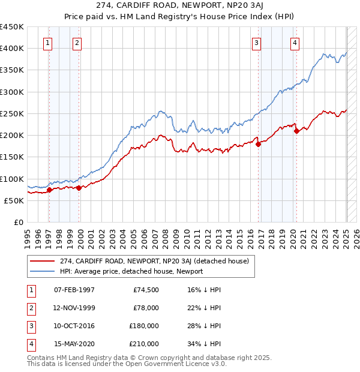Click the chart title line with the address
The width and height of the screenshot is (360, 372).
(x=180, y=5)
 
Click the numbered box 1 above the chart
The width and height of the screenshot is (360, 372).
(x=47, y=42)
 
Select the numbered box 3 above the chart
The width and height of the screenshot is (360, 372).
(x=256, y=42)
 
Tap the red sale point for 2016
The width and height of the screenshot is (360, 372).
(x=258, y=144)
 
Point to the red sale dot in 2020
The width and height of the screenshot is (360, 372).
(x=296, y=131)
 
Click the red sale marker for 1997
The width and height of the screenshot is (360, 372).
(x=49, y=190)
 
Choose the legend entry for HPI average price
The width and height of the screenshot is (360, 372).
(x=131, y=271)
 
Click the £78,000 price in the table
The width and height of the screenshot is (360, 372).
(x=145, y=308)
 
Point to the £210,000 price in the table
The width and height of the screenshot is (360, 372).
(x=144, y=344)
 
